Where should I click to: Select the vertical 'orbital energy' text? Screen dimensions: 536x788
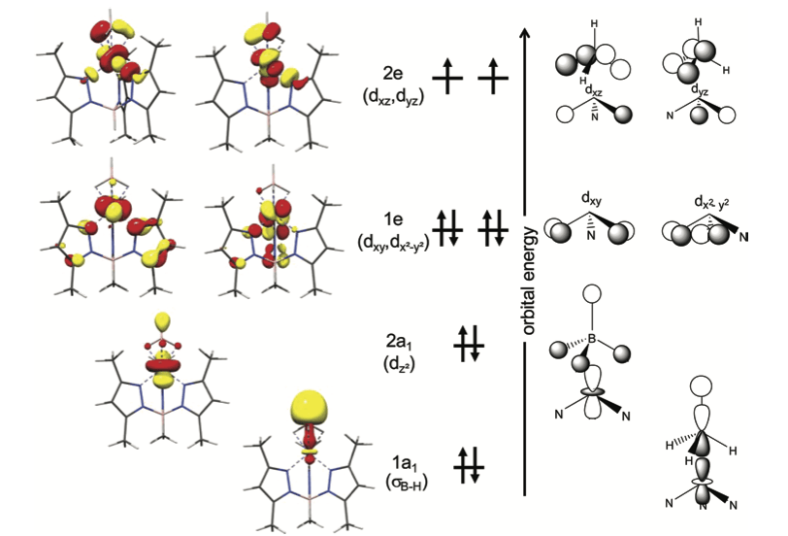[532, 282]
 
